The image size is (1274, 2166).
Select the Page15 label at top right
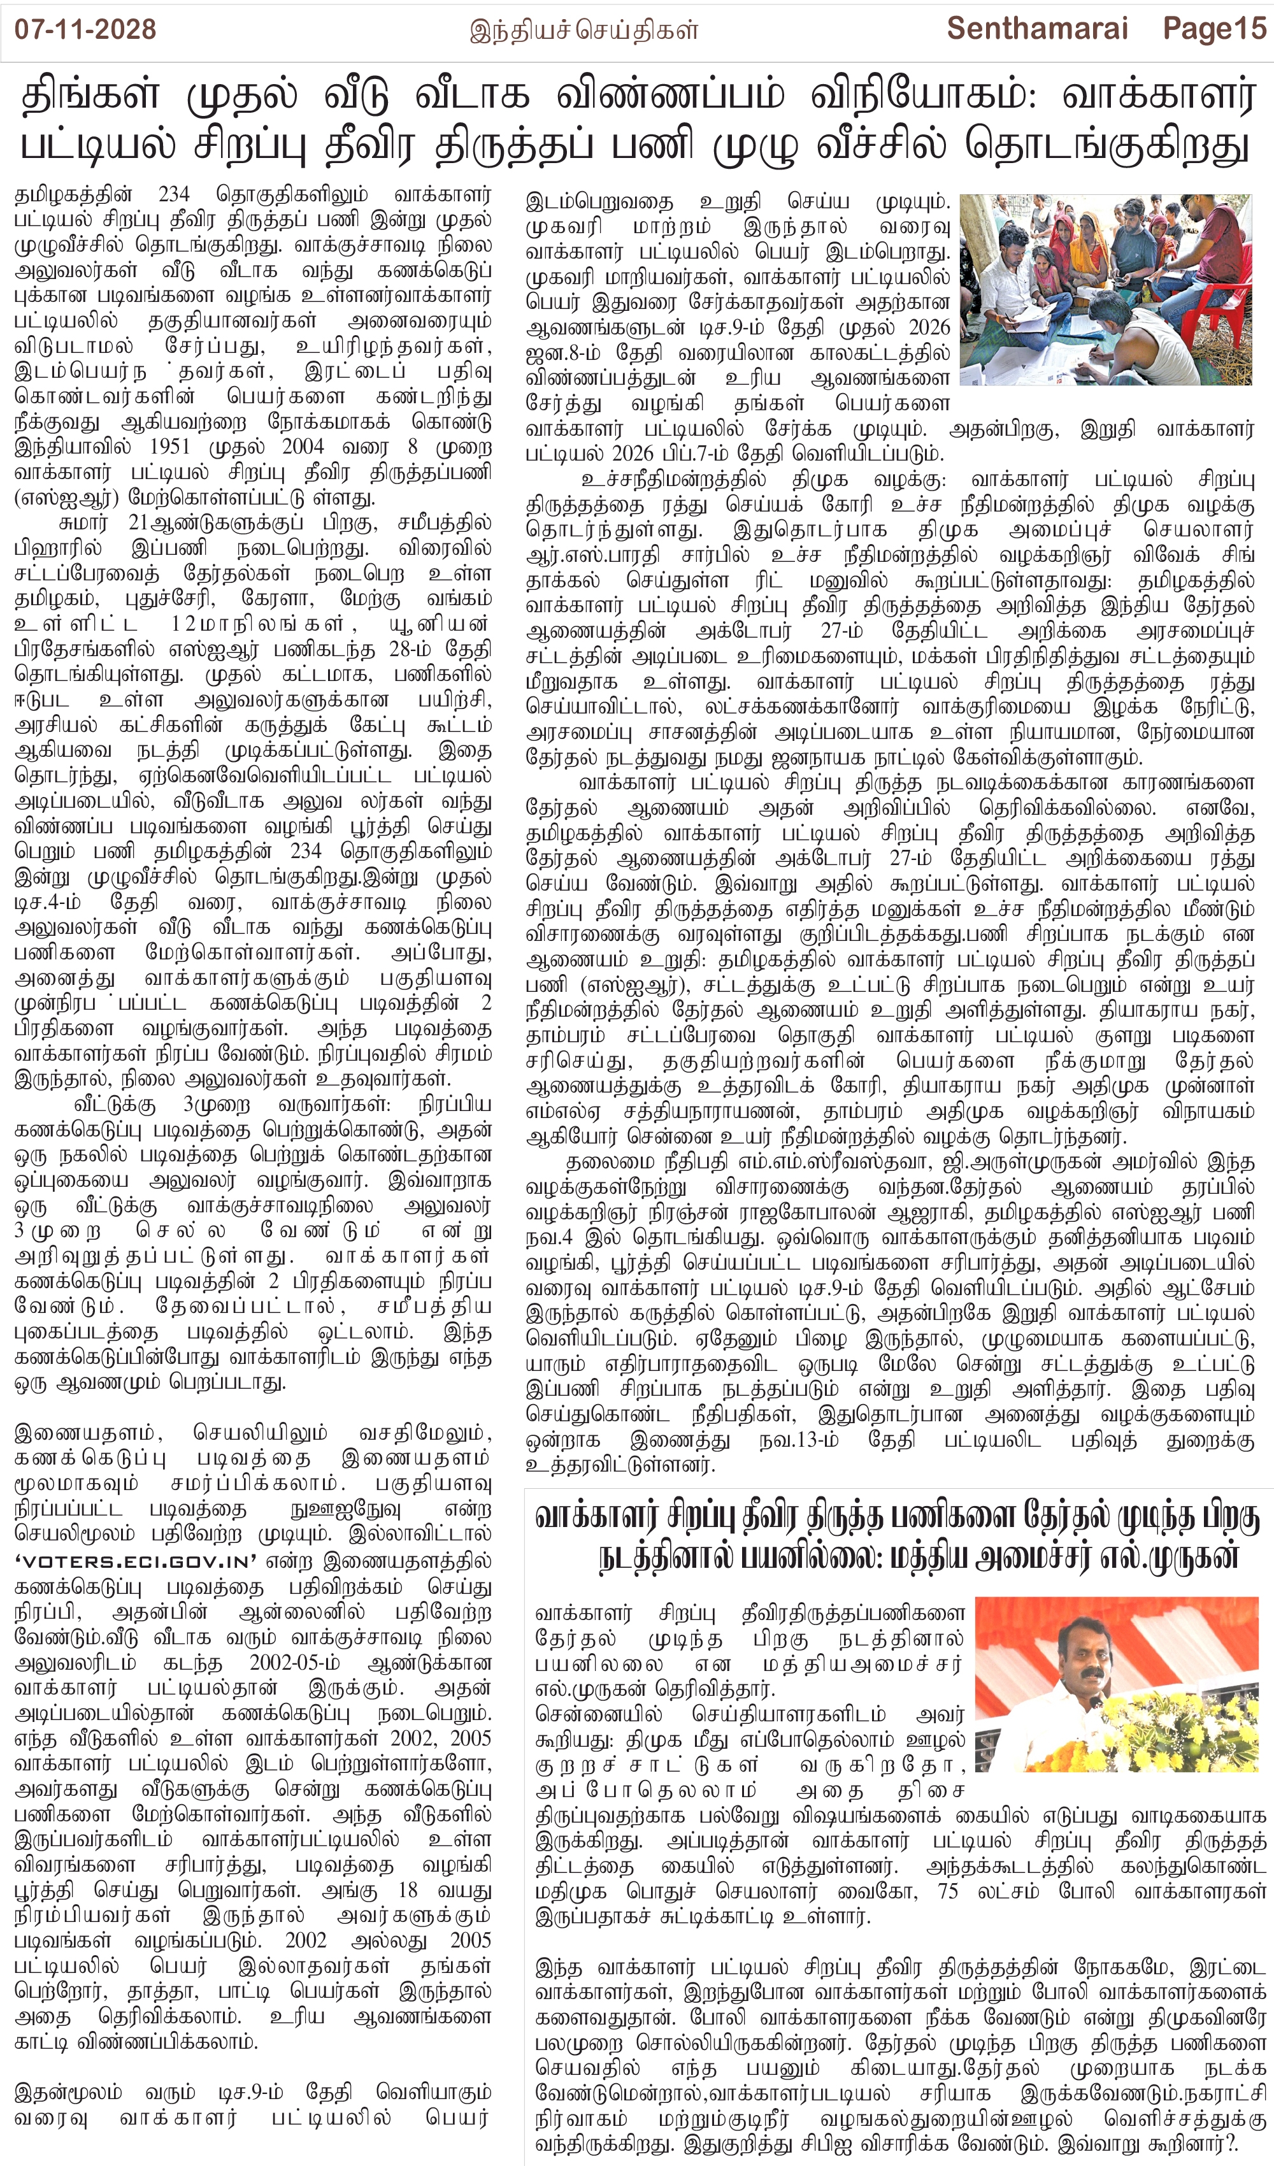coord(1215,29)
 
